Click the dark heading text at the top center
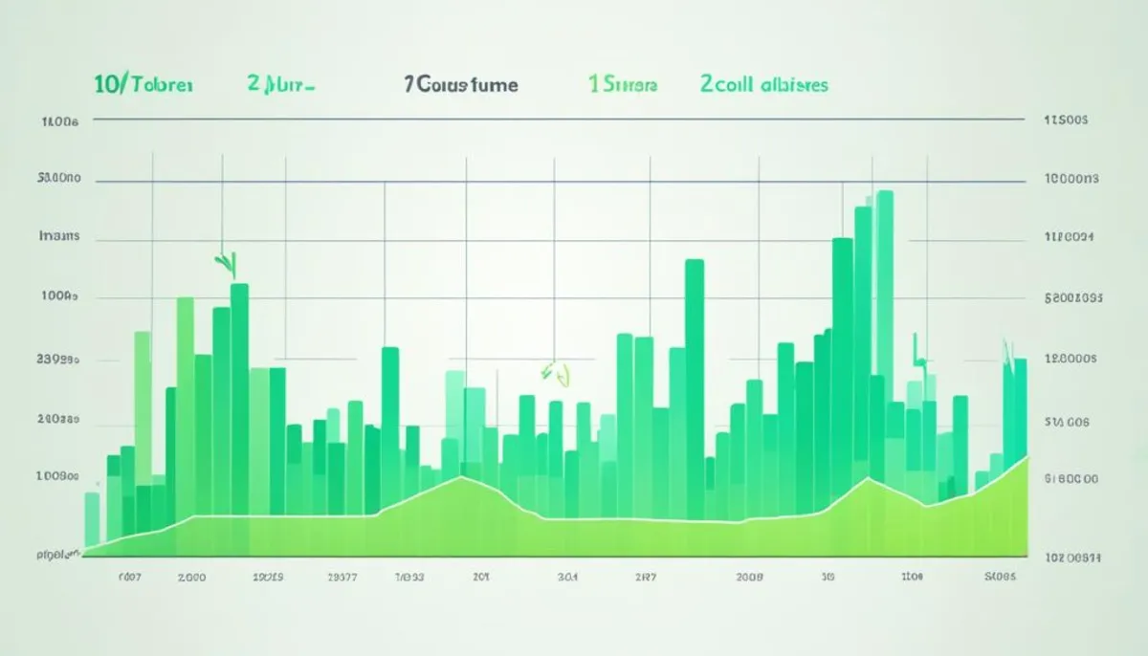(460, 85)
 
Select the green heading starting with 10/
(143, 84)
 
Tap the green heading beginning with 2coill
(763, 84)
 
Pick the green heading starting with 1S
(622, 85)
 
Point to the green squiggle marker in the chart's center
(554, 372)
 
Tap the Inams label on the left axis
(58, 235)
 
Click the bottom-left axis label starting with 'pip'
(56, 554)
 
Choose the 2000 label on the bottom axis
(192, 578)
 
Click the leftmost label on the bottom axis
(128, 578)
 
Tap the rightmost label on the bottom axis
(1001, 578)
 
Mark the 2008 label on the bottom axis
(749, 578)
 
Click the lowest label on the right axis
(1071, 556)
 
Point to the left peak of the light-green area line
(462, 477)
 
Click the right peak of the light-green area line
(869, 477)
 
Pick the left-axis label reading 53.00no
(58, 179)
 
